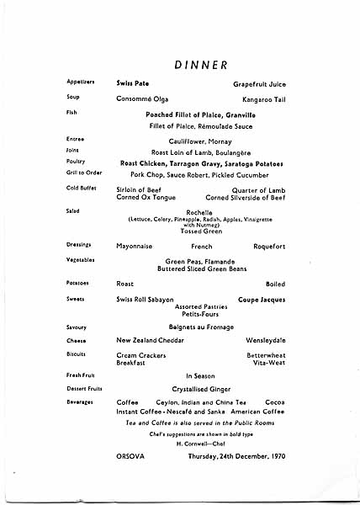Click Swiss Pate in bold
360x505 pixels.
point(133,83)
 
